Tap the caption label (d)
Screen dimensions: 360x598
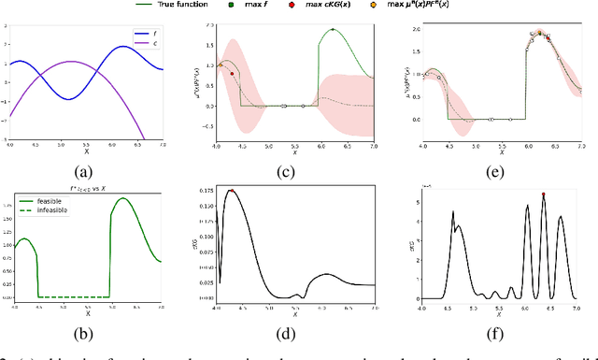(x=294, y=329)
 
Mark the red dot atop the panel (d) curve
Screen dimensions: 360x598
(x=232, y=192)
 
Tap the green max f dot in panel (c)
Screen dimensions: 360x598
(x=334, y=29)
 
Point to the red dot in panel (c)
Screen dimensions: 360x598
(x=231, y=73)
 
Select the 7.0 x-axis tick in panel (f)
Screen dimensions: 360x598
(x=576, y=307)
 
